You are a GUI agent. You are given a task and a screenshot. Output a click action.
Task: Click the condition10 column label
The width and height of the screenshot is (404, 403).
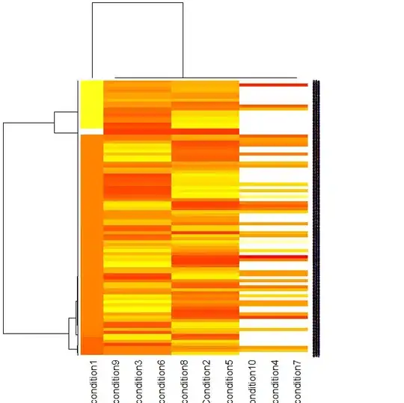coord(252,381)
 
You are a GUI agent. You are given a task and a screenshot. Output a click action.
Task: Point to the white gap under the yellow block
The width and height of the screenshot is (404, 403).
coord(91,131)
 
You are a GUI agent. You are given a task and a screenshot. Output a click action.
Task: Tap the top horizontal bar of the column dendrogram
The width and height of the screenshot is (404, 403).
coord(138,3)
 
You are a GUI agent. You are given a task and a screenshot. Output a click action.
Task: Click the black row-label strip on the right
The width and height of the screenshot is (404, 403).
coord(316,217)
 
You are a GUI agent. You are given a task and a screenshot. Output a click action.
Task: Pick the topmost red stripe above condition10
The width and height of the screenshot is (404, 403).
coord(274,85)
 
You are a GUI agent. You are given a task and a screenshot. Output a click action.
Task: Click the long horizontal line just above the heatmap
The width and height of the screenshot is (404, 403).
coord(206,77)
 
